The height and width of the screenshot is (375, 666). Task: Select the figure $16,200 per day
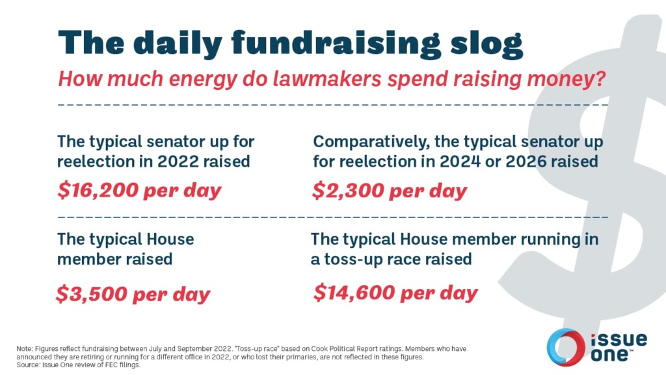tap(139, 191)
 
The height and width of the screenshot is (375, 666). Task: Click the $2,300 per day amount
tap(390, 191)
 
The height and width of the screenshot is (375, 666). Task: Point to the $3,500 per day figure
tap(133, 294)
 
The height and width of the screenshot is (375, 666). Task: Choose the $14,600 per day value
tap(395, 292)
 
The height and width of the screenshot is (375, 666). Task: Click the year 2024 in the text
tap(443, 161)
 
